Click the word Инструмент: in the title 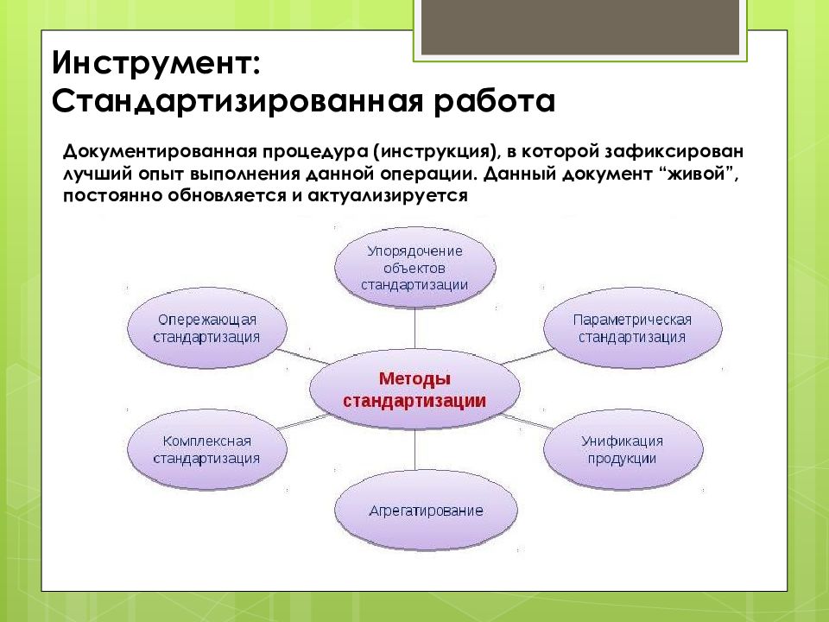(156, 62)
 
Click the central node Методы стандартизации (414, 390)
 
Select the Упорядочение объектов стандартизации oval (415, 268)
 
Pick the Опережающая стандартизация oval (206, 328)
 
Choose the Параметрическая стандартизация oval (632, 328)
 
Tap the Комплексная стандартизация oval (206, 449)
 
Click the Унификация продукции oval (623, 449)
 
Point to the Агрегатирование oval (426, 511)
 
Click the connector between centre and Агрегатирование (415, 450)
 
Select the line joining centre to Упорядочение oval (415, 330)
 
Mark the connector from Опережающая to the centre (302, 357)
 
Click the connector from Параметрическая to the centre (528, 357)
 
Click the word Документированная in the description (160, 151)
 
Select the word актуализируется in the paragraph (388, 196)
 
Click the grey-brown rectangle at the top (580, 27)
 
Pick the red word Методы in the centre (414, 378)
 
